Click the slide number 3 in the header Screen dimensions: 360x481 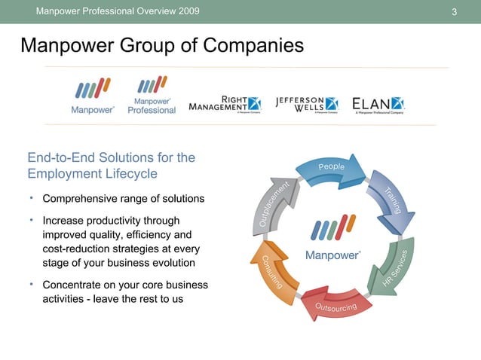point(455,11)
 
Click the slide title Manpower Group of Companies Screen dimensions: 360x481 point(162,46)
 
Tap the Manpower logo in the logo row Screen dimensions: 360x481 point(92,97)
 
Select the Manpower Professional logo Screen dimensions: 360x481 point(152,96)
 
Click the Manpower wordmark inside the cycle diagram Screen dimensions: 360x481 point(332,255)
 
